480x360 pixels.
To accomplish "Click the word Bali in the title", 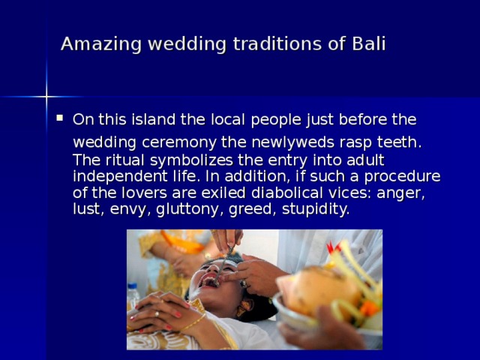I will pyautogui.click(x=368, y=43).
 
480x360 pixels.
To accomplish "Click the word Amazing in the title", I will pyautogui.click(x=93, y=43).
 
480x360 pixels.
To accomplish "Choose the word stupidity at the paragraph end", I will pyautogui.click(x=316, y=208).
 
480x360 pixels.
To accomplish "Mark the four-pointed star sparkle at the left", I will pyautogui.click(x=46, y=96).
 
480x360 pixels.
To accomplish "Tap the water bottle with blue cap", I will pyautogui.click(x=134, y=295).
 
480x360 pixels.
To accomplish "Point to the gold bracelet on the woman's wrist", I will pyautogui.click(x=193, y=322).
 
